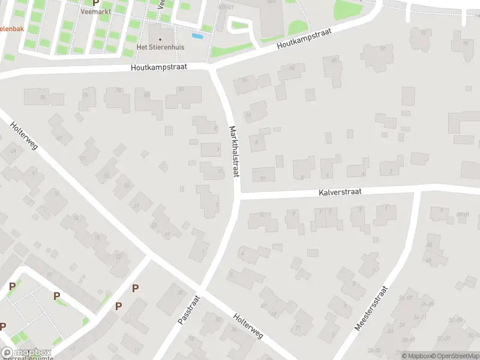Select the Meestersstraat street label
pos(373,308)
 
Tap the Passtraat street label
pos(188,310)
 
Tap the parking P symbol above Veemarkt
pos(95,2)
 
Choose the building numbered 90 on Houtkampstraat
pos(383,49)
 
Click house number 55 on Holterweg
pos(127,185)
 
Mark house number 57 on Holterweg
pos(136,206)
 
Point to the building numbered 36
pos(179,292)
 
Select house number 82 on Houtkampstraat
pos(181,89)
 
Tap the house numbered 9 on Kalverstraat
pos(293,214)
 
